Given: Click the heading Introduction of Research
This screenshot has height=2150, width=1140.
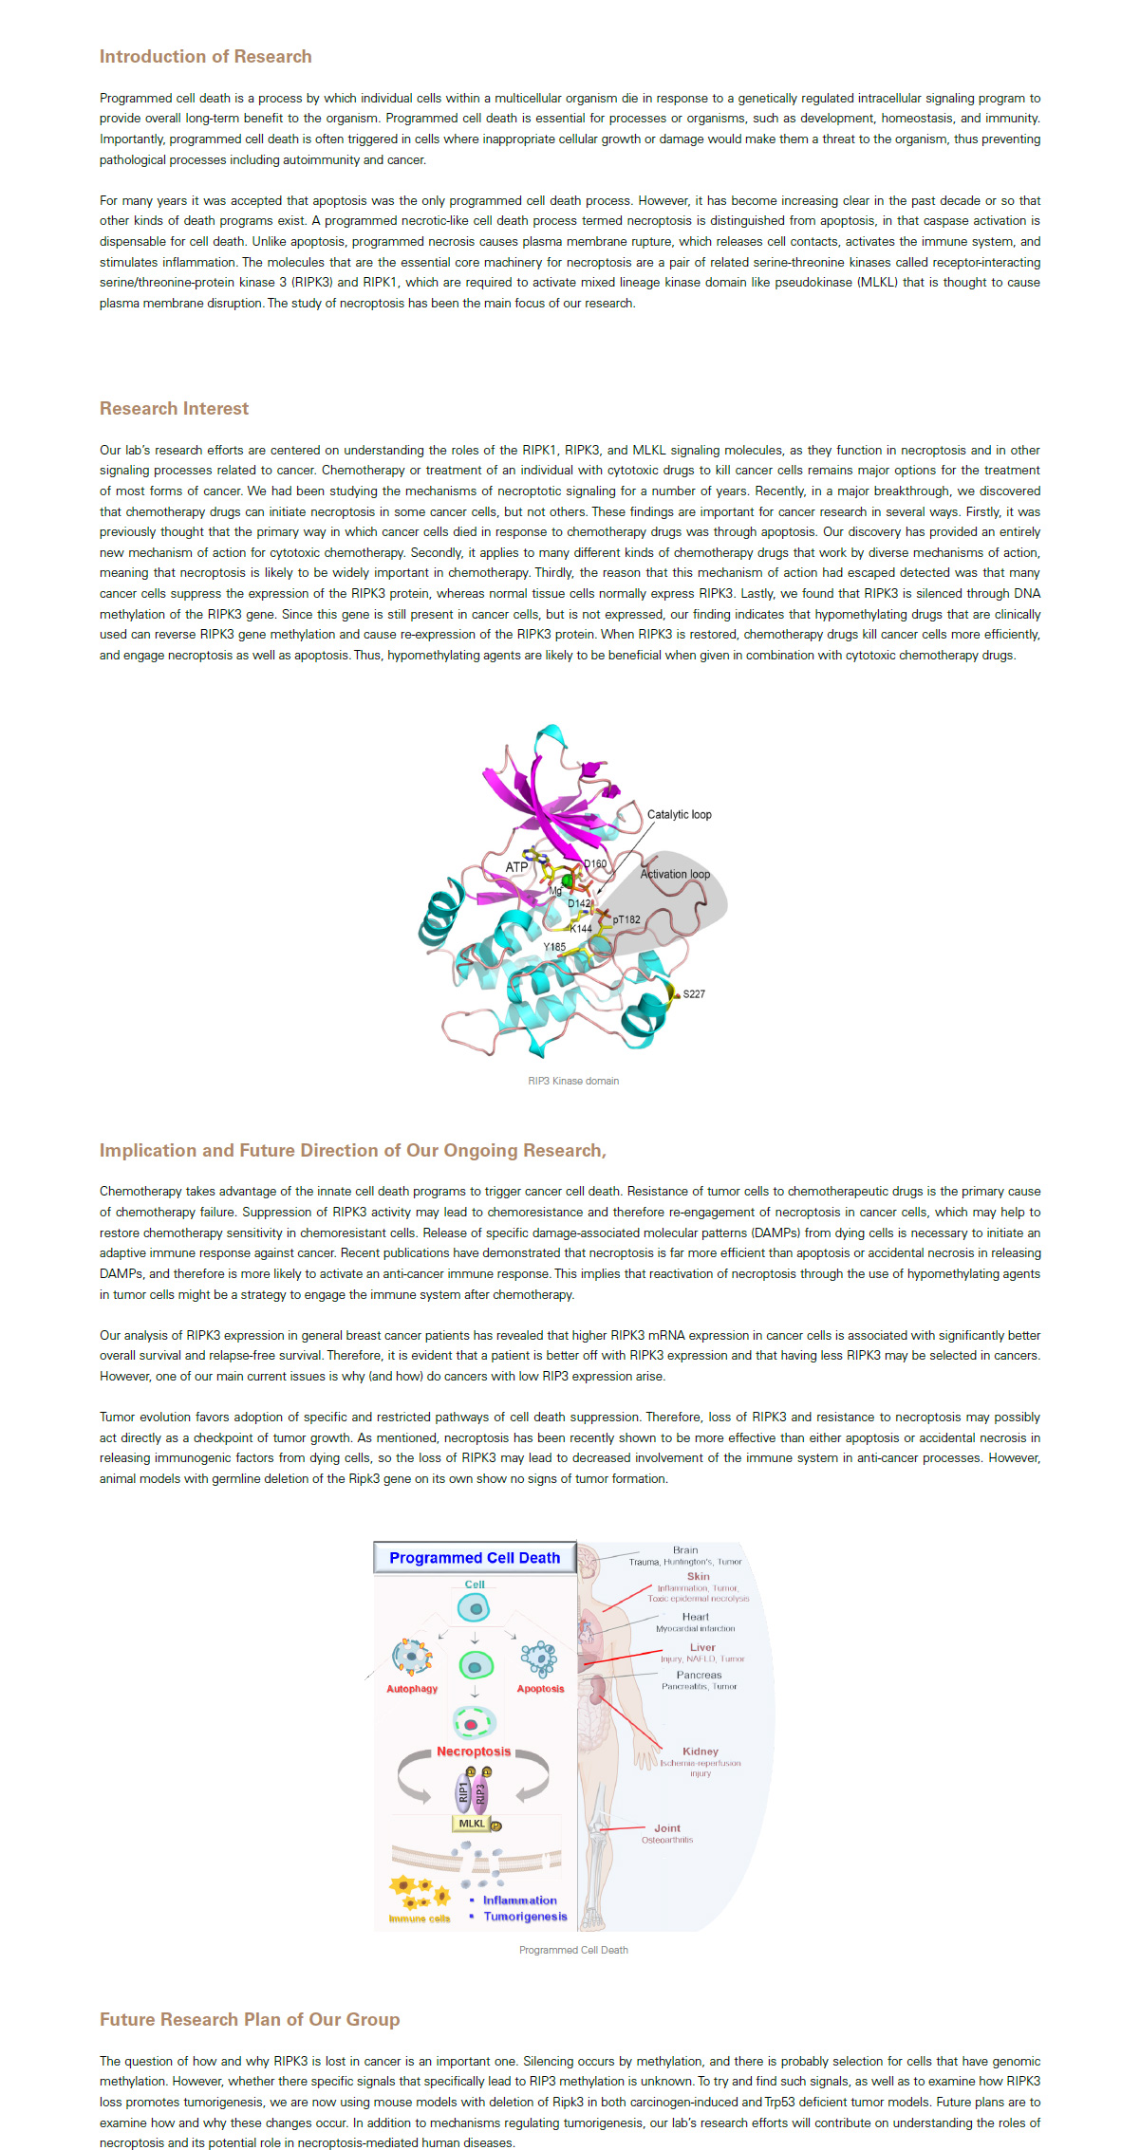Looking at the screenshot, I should point(205,57).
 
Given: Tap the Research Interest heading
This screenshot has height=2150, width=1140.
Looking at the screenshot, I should point(174,409).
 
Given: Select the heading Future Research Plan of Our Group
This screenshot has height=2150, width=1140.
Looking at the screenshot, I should point(250,2019).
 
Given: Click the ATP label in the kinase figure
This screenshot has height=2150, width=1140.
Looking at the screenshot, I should point(516,867).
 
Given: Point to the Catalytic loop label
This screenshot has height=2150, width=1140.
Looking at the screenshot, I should point(679,815).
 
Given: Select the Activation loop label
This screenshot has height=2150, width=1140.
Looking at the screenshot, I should point(675,875).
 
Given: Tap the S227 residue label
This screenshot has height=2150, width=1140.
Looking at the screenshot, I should point(694,994).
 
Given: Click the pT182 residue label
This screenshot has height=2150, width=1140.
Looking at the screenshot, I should point(626,919).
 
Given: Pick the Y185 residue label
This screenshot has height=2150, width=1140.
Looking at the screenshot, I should point(554,947).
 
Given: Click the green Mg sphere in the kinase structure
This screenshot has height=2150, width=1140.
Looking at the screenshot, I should point(568,881).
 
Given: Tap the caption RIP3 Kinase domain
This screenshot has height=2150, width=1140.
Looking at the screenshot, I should point(573,1081).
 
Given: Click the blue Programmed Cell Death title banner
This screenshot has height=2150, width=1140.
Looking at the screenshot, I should point(475,1558).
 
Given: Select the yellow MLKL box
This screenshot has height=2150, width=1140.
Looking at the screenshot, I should point(472,1824).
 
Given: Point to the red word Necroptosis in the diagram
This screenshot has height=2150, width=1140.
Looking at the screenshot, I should point(474,1752).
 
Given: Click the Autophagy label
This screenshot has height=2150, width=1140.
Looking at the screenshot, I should point(412,1689).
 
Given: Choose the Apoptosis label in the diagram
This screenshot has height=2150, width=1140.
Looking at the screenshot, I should point(540,1689).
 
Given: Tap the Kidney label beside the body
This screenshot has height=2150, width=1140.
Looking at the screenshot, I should point(701,1752).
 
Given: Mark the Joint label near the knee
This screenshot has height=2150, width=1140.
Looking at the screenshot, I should point(667,1828).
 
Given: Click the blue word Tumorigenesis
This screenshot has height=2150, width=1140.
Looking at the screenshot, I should point(525,1917).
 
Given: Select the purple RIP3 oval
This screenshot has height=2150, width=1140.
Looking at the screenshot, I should point(480,1792).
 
